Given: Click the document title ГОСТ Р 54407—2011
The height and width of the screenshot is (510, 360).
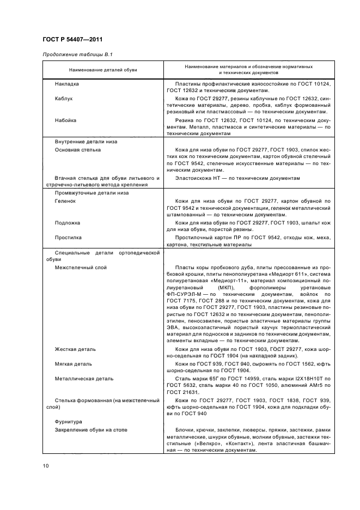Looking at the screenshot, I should [72, 39].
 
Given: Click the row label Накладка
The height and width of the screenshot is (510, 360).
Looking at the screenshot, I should [67, 84].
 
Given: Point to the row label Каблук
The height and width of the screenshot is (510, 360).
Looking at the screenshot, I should [64, 99].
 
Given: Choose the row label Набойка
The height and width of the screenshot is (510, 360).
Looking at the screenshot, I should [65, 120].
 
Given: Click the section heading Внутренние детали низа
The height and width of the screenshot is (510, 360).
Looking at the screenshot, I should [86, 142].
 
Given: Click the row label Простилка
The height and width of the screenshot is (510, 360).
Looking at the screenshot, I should [68, 238].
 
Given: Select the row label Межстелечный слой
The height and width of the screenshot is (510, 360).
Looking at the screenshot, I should [81, 268].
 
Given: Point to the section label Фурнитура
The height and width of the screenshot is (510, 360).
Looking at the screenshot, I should [68, 421].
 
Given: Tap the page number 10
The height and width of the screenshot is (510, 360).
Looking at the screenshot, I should [46, 465].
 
